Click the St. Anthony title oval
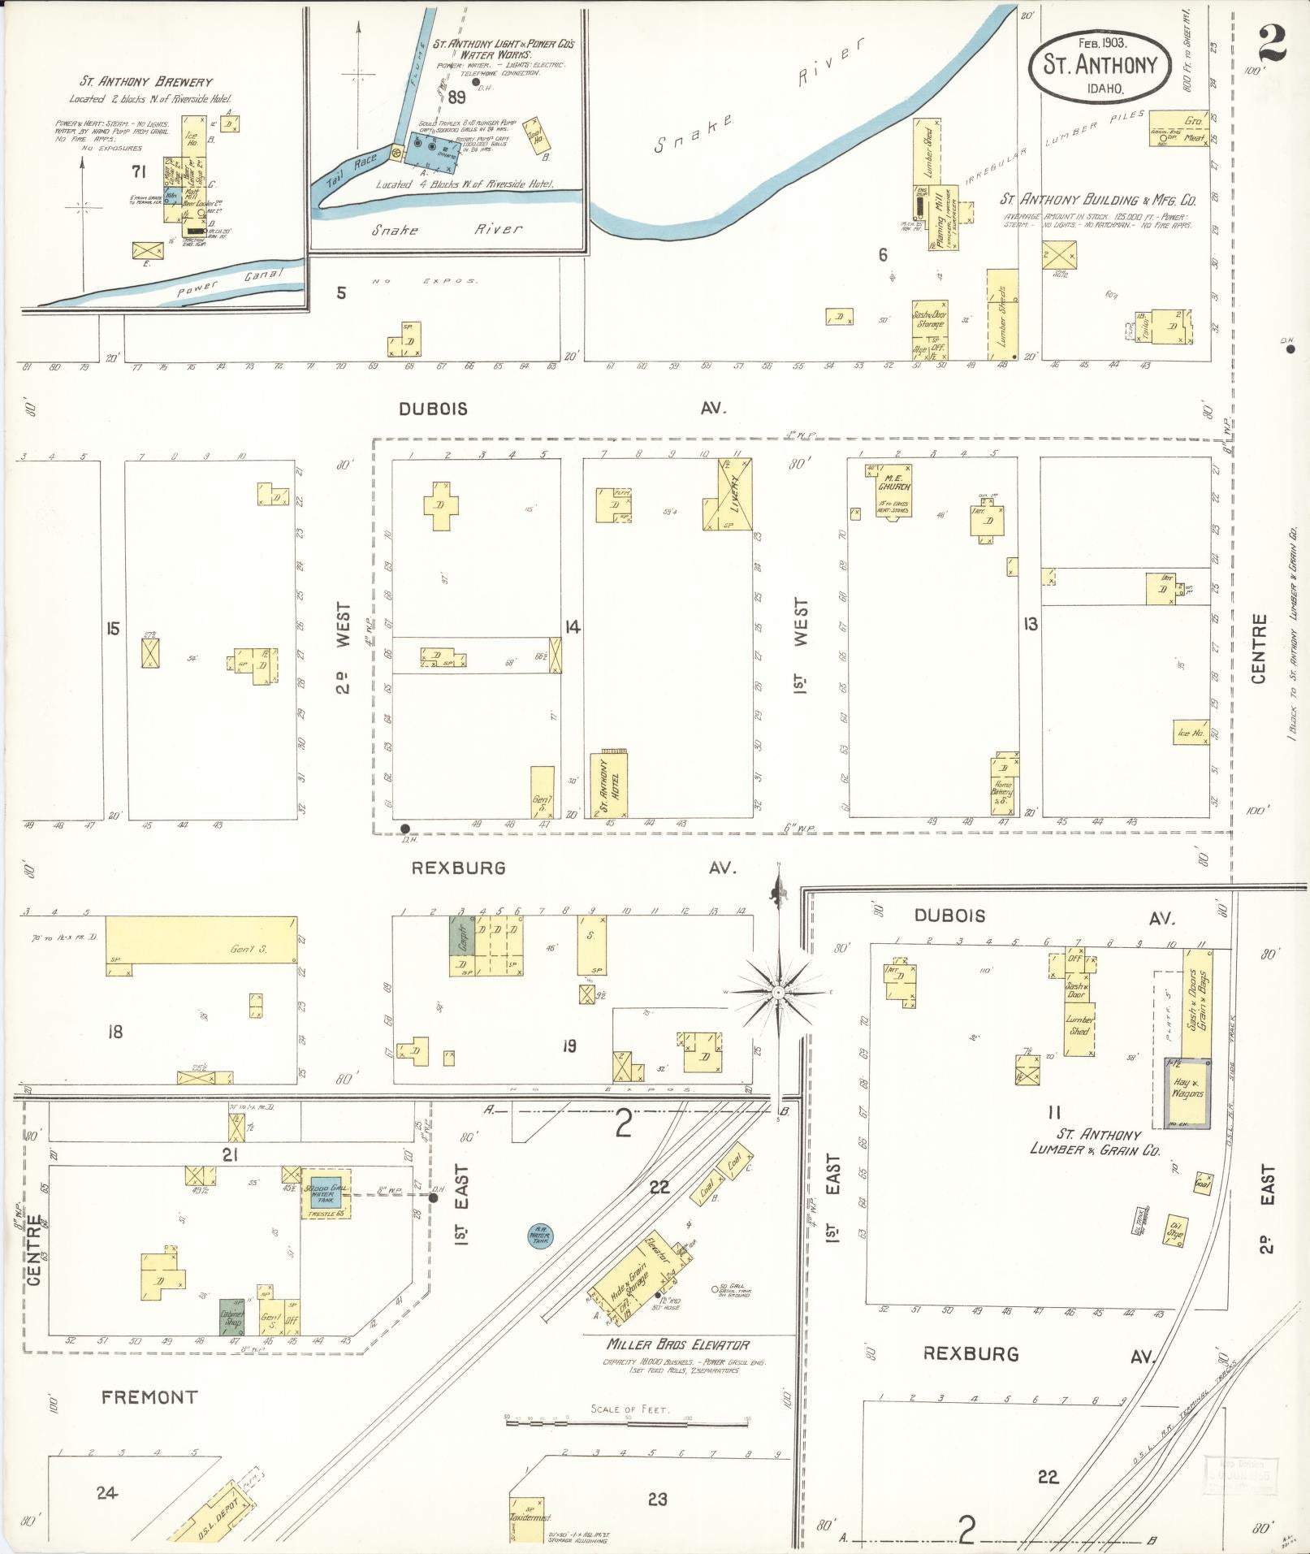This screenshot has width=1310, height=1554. pyautogui.click(x=1100, y=64)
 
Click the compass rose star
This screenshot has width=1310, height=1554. pyautogui.click(x=778, y=992)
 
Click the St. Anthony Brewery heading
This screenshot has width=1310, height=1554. pyautogui.click(x=146, y=82)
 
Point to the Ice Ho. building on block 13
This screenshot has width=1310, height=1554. pyautogui.click(x=1190, y=733)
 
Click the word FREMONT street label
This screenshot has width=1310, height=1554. pyautogui.click(x=149, y=1397)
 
